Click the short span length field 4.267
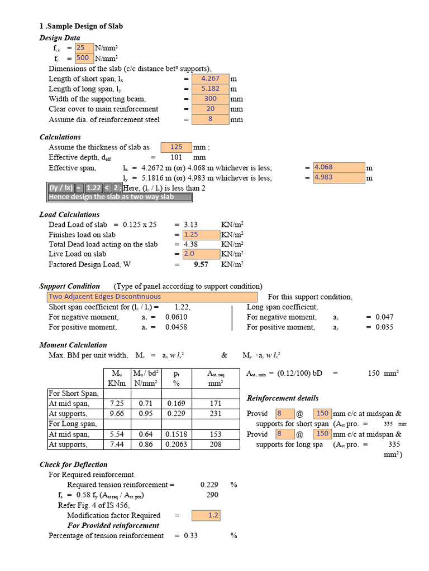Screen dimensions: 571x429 click(x=210, y=79)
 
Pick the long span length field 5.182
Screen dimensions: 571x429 click(x=210, y=89)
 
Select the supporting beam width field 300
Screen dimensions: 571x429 click(x=210, y=99)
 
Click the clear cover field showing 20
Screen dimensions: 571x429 click(x=210, y=109)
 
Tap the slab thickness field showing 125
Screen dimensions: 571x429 click(x=176, y=147)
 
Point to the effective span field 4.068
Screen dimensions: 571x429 click(x=339, y=167)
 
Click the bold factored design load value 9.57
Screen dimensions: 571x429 click(x=201, y=265)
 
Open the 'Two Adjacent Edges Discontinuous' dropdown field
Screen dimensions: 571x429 click(x=152, y=297)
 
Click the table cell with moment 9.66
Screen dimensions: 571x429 click(x=117, y=414)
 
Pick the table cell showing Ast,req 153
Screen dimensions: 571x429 click(x=215, y=434)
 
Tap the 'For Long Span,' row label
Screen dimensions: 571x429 click(x=74, y=424)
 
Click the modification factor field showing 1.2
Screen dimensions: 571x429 click(x=206, y=515)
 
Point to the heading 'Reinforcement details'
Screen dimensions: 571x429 click(x=283, y=398)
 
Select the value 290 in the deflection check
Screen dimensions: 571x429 click(x=212, y=495)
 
